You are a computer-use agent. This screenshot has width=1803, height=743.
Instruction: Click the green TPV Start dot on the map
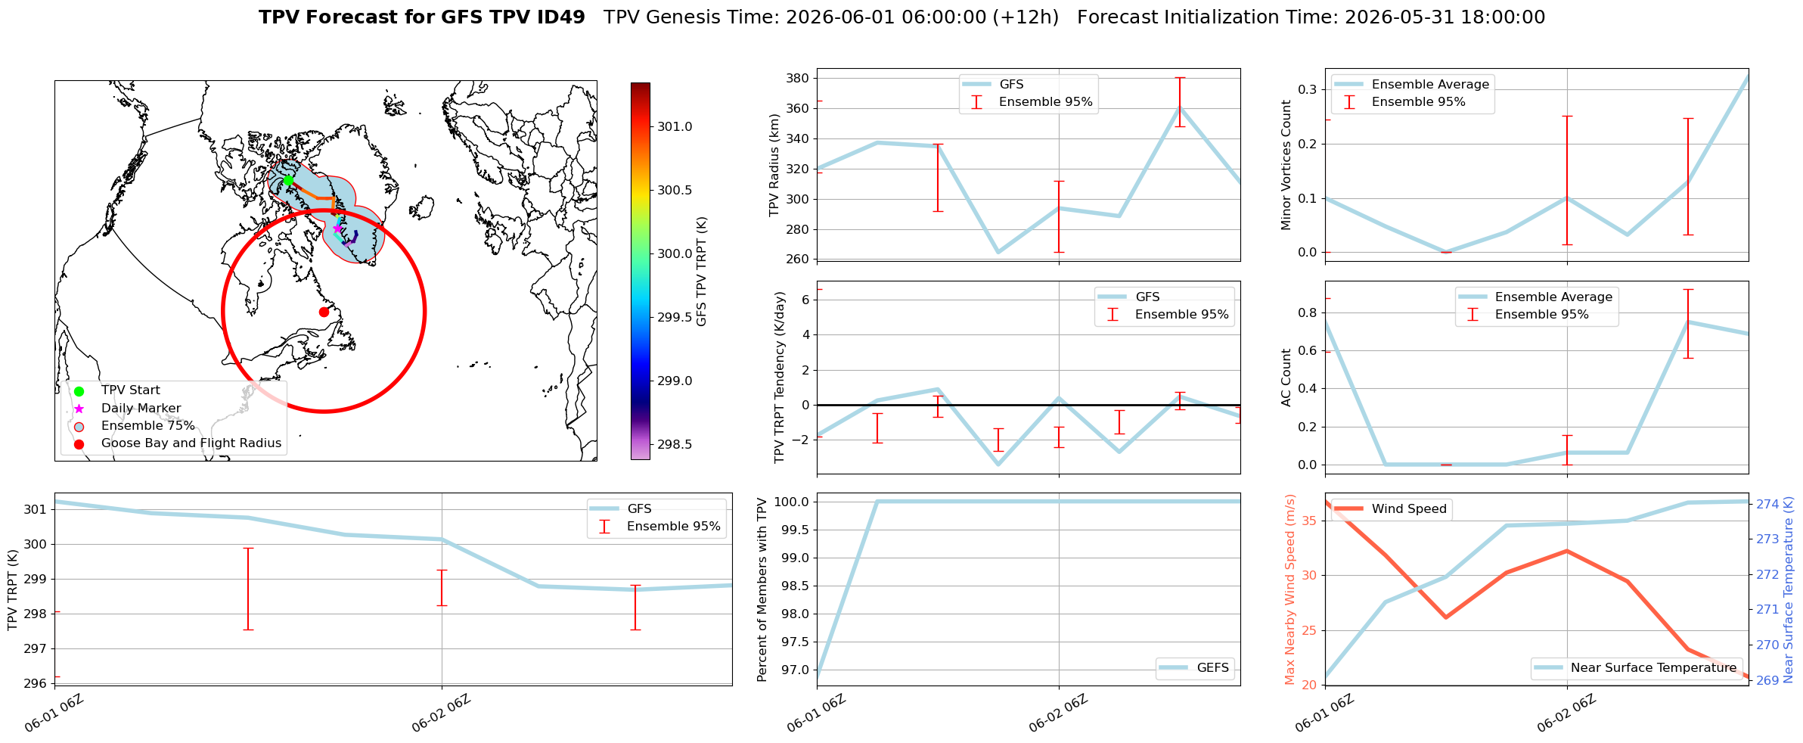(x=288, y=180)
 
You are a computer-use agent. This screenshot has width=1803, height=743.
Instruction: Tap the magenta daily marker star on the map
(x=337, y=228)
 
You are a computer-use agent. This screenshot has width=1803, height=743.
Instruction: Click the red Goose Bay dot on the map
(x=324, y=312)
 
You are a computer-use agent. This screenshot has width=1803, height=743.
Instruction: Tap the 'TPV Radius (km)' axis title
(x=774, y=165)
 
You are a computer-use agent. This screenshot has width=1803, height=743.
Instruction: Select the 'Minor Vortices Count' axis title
(x=1286, y=165)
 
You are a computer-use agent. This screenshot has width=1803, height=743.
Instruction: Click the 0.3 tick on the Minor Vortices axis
(x=1308, y=89)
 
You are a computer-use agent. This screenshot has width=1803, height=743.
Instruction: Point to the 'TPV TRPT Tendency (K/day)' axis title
(x=780, y=378)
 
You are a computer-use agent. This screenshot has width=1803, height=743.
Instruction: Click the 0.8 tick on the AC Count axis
(x=1308, y=312)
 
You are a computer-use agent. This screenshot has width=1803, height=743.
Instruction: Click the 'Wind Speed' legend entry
(x=1389, y=509)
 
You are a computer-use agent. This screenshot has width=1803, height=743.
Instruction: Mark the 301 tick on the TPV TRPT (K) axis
(x=35, y=509)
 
